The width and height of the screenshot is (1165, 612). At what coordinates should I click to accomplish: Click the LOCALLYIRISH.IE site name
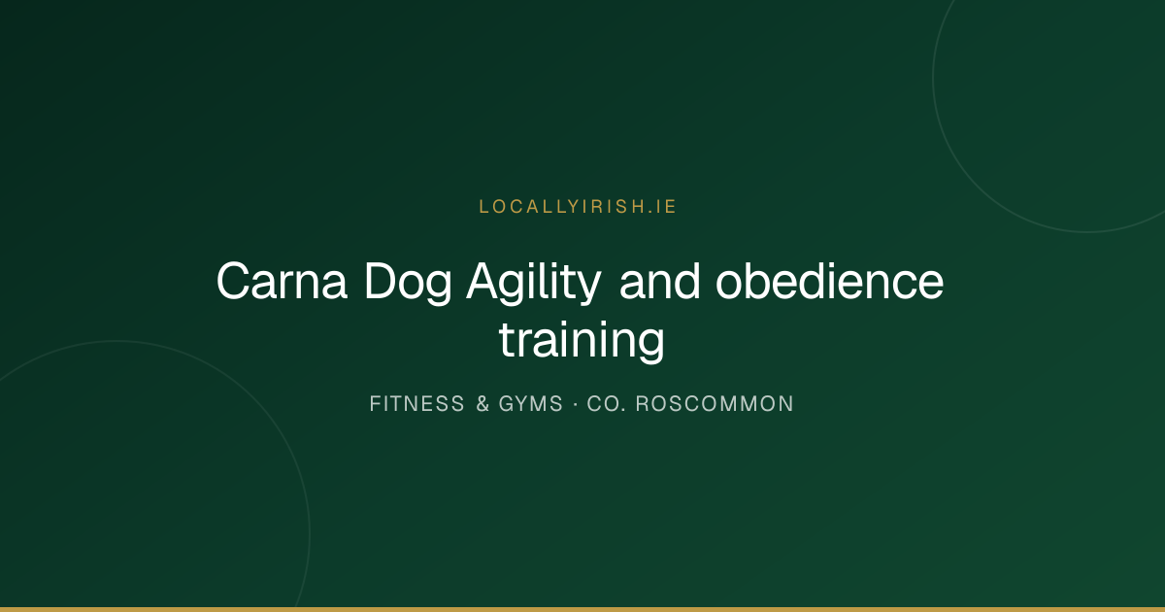pos(578,207)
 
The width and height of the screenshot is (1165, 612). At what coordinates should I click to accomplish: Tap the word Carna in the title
pos(282,282)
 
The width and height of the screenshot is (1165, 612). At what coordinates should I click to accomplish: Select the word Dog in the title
pos(408,283)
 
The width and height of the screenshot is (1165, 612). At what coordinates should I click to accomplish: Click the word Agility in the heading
pos(534,283)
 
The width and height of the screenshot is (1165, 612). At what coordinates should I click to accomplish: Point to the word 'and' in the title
pos(659,282)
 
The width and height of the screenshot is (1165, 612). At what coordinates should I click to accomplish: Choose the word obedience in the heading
pos(829,282)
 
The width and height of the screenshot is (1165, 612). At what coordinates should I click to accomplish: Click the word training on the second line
pos(582,340)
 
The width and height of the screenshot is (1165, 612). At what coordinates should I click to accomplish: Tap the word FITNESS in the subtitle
pos(416,404)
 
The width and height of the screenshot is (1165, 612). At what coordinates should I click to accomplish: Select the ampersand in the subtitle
pos(483,404)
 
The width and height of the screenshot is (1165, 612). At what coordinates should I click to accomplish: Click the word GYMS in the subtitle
pos(530,404)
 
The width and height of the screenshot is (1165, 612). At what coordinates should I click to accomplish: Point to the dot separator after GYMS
pos(575,404)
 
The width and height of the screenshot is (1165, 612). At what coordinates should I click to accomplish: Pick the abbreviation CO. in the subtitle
pos(607,404)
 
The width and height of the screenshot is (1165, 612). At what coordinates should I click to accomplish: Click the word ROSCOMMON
pos(715,404)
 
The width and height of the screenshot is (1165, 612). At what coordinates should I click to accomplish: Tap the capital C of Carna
pos(235,282)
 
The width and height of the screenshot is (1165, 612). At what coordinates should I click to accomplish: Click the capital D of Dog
pos(381,281)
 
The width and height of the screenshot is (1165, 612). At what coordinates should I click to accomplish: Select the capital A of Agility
pos(483,281)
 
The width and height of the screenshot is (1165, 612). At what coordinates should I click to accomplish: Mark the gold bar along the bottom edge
pos(582,609)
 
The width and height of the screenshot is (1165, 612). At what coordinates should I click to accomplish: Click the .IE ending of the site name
pos(662,207)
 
